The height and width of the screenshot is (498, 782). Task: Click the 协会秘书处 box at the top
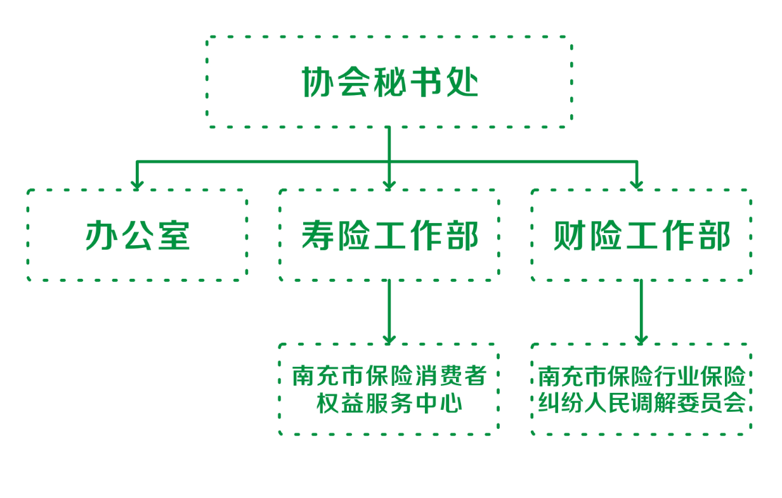389,81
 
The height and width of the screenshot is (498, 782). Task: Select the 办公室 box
137,235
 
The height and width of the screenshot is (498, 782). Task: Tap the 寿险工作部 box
389,235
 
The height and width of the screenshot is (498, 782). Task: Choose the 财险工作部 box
641,235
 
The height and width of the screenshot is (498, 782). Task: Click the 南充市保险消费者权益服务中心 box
389,389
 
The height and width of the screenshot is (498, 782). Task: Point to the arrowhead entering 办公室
137,184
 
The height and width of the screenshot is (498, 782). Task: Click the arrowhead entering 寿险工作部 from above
389,184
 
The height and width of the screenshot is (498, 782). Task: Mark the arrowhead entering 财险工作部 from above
637,184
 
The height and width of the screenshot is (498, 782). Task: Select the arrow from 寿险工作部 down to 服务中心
389,310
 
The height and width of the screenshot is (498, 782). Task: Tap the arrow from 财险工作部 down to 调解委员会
641,310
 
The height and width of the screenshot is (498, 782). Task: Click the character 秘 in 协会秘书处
389,82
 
